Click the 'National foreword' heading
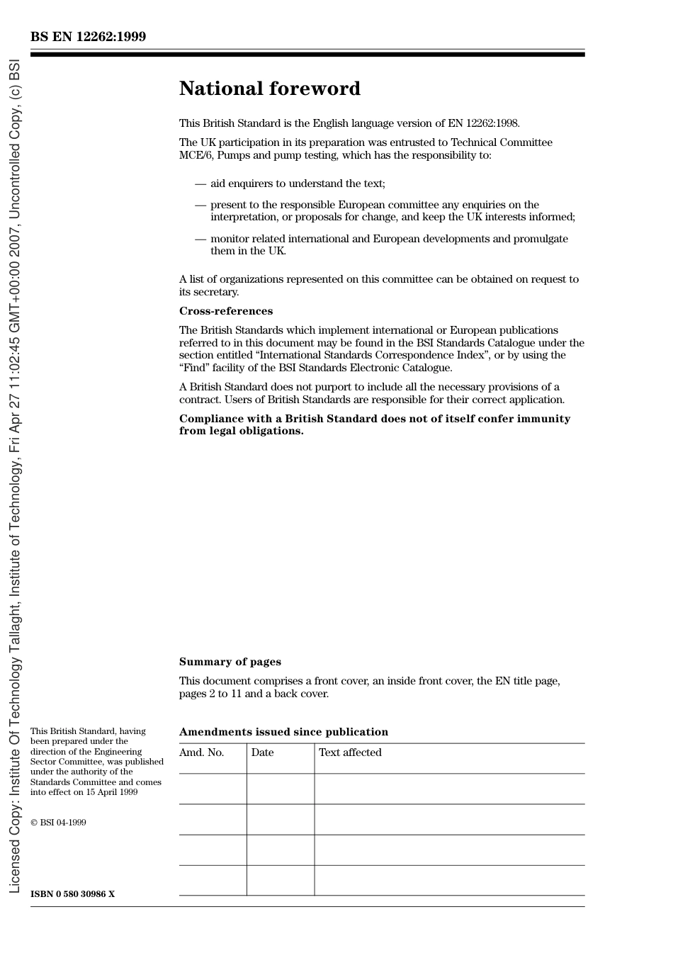(x=269, y=89)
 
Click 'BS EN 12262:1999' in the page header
(x=88, y=37)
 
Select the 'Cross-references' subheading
(x=225, y=311)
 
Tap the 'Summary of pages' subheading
(x=230, y=662)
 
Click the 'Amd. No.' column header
(x=201, y=752)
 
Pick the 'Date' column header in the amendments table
(x=262, y=752)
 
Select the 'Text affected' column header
(x=350, y=752)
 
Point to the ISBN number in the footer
(x=72, y=894)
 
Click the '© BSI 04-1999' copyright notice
(x=58, y=823)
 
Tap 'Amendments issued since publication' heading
(x=283, y=732)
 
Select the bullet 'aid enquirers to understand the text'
(x=298, y=184)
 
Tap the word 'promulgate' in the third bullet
(x=541, y=239)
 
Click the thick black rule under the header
(x=307, y=55)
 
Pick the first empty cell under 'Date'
(x=281, y=789)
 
